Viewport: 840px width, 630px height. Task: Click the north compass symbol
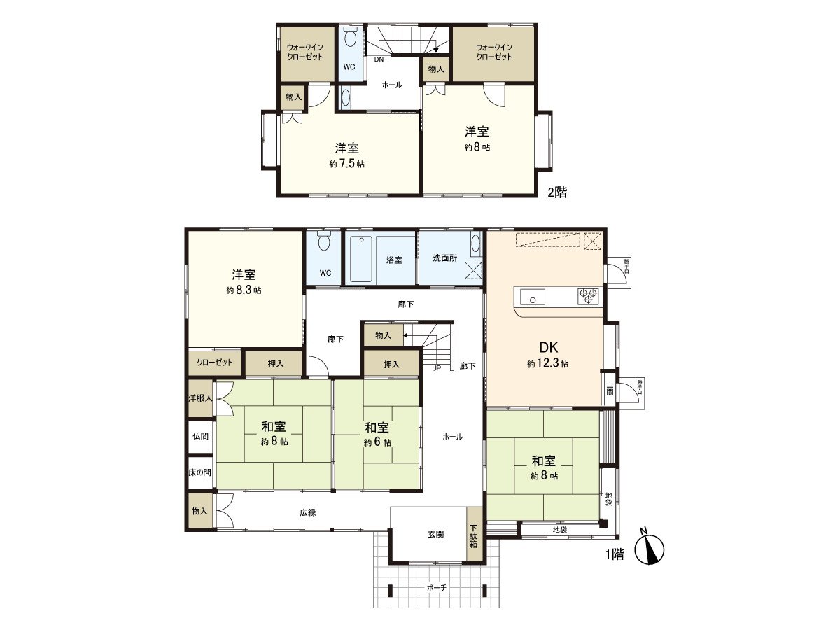coord(650,549)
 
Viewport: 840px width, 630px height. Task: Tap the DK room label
coord(547,348)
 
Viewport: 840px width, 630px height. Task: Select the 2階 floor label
coord(556,192)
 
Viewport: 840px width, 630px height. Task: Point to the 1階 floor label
coord(614,554)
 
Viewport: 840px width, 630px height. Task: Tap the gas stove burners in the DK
coord(588,296)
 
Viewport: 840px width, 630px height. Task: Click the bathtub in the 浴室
coord(361,260)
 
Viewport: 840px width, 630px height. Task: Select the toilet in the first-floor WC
coord(323,243)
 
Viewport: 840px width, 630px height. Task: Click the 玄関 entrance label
coord(435,535)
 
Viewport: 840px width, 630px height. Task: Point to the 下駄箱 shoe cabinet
coord(474,535)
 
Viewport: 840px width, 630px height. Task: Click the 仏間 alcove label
coord(200,435)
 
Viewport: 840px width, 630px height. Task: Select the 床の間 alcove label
coord(199,472)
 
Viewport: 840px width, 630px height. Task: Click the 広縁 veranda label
coord(308,512)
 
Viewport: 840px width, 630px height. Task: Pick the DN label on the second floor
coord(379,59)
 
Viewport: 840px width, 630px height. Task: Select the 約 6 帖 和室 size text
coord(377,442)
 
